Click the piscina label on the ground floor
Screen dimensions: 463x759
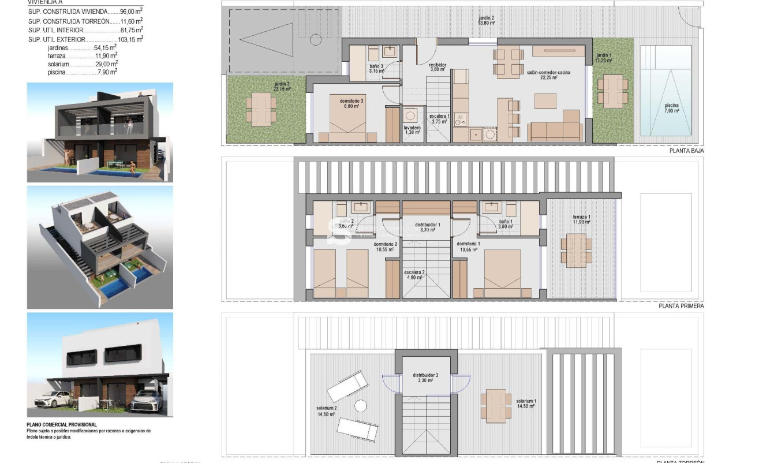coord(671,107)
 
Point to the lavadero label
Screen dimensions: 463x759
coord(412,130)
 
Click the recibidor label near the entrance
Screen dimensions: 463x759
coord(438,67)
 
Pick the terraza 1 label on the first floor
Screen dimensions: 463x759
coord(581,219)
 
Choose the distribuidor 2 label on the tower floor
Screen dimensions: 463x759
coord(426,378)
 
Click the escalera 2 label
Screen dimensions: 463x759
coord(414,274)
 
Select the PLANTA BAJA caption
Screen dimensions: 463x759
coord(686,151)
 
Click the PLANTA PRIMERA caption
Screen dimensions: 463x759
coord(681,306)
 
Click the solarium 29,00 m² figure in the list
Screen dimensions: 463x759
coord(107,64)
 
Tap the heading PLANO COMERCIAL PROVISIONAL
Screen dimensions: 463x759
coord(62,425)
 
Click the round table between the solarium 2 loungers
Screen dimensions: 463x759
coord(361,406)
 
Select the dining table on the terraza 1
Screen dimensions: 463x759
coord(576,250)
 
